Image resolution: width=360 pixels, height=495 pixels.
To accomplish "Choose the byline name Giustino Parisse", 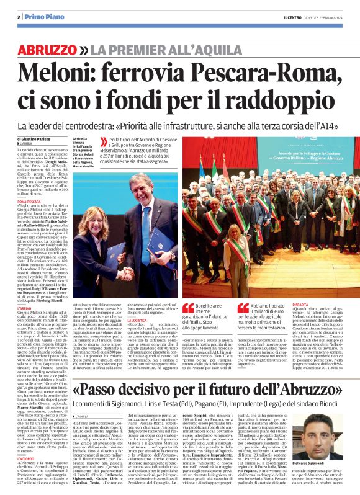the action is click(38, 138).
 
